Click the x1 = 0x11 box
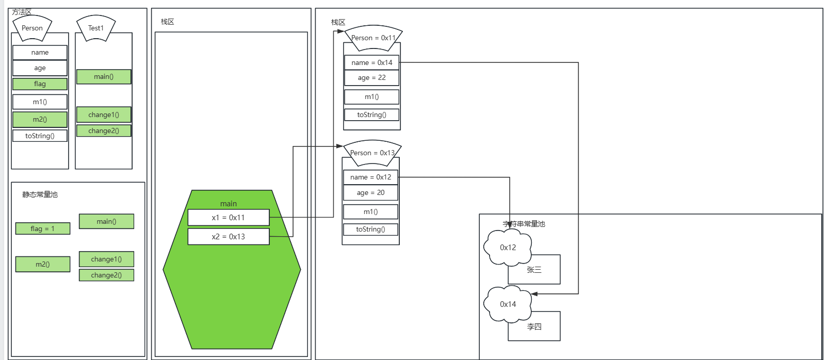229,218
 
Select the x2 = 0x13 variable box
229,237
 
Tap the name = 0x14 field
371,62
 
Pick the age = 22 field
371,78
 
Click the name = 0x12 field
370,177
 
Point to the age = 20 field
370,193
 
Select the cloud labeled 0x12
508,248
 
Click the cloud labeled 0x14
508,304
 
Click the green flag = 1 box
43,228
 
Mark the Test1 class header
96,28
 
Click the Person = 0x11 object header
373,38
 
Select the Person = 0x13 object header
372,153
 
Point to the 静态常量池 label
40,194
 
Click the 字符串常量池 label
524,224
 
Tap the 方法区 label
22,12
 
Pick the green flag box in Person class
40,84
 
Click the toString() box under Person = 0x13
370,230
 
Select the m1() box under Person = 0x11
371,97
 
